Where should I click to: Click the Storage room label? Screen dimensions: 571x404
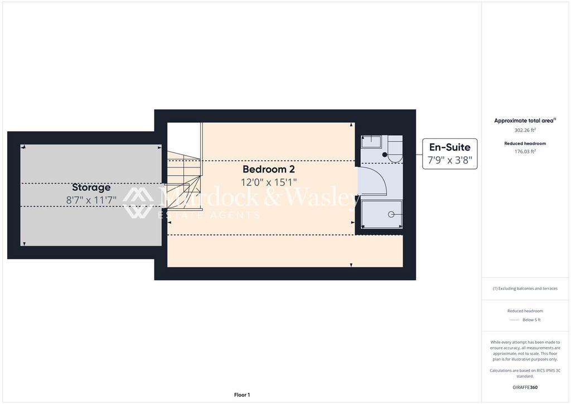[x=91, y=187]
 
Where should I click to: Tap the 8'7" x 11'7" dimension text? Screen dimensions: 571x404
[x=91, y=200]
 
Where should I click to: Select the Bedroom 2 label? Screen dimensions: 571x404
[x=269, y=169]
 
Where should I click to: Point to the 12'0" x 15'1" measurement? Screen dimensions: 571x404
[x=269, y=182]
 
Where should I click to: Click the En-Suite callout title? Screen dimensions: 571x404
[x=450, y=147]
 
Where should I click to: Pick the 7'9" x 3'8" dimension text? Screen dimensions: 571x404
[x=450, y=160]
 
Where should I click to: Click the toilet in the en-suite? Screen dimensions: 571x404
[x=395, y=149]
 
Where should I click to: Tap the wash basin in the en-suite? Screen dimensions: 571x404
[x=371, y=141]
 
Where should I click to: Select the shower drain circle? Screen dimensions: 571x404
[x=391, y=214]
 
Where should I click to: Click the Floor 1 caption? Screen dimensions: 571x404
[x=242, y=395]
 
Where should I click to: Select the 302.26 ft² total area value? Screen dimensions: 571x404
[x=525, y=130]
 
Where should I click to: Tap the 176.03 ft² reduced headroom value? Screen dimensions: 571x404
[x=525, y=152]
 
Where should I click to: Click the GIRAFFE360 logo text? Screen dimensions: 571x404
[x=525, y=387]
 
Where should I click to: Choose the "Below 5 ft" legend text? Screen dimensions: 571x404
[x=531, y=320]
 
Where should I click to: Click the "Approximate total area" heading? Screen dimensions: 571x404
[x=524, y=121]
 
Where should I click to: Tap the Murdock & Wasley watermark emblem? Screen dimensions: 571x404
[x=138, y=203]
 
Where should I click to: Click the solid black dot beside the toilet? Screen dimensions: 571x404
[x=385, y=155]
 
